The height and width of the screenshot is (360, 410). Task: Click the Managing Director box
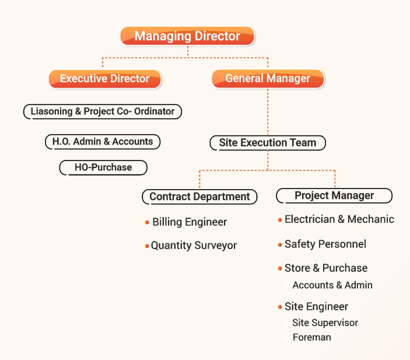point(187,36)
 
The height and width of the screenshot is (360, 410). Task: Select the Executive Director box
point(104,79)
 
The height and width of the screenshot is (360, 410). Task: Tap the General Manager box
point(268,79)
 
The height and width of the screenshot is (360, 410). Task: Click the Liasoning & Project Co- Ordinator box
point(103,111)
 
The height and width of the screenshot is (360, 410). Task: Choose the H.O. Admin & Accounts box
point(103,141)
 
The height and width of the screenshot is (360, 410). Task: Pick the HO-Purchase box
point(103,167)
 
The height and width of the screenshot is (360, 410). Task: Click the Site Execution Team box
point(268,142)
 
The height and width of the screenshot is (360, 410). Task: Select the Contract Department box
point(199,197)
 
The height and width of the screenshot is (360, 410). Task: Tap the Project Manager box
point(334,195)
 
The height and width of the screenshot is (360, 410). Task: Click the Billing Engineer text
point(190,222)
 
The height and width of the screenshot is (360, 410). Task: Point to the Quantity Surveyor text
point(194,246)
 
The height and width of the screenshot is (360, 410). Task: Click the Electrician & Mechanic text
point(339,219)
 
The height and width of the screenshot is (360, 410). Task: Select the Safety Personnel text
point(325,244)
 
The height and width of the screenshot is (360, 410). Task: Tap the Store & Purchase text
point(326,268)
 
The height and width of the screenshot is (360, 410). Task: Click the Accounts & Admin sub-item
point(332,285)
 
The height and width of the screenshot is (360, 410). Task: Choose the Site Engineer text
point(316,307)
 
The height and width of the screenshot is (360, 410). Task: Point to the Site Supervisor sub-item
point(325,323)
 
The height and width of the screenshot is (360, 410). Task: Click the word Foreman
point(312,337)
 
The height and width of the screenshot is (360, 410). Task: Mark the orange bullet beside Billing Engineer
point(147,222)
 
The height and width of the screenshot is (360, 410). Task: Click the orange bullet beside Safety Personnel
point(280,244)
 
